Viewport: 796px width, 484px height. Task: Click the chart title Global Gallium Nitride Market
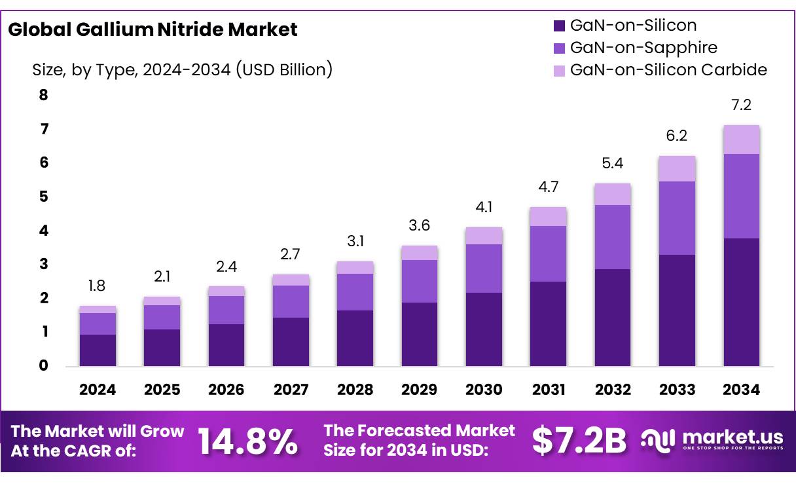(x=153, y=29)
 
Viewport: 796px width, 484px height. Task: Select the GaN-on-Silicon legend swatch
(x=559, y=26)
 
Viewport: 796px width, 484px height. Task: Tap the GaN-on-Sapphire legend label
(x=643, y=47)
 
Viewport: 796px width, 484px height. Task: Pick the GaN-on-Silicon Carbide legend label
(x=668, y=69)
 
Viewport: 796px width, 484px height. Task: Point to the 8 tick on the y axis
(x=44, y=96)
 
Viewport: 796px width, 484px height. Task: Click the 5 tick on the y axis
(x=44, y=197)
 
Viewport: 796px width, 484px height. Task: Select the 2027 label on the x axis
(x=291, y=390)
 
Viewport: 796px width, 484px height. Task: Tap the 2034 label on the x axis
(x=742, y=390)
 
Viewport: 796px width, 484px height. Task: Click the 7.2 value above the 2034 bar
(x=742, y=105)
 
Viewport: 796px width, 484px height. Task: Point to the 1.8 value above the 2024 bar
(x=98, y=286)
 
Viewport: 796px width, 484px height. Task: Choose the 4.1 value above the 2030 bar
(x=484, y=208)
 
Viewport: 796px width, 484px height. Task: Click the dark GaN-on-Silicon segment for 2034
(x=742, y=301)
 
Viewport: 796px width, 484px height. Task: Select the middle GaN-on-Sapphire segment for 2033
(x=677, y=217)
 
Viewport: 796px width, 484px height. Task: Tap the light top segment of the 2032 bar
(x=613, y=194)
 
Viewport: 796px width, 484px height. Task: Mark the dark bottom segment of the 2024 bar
(x=98, y=350)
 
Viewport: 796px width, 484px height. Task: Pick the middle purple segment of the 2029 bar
(x=419, y=281)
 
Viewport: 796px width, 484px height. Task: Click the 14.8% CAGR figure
(x=247, y=441)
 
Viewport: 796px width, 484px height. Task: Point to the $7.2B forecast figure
(x=579, y=441)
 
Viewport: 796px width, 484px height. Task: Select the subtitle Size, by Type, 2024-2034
(x=183, y=69)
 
